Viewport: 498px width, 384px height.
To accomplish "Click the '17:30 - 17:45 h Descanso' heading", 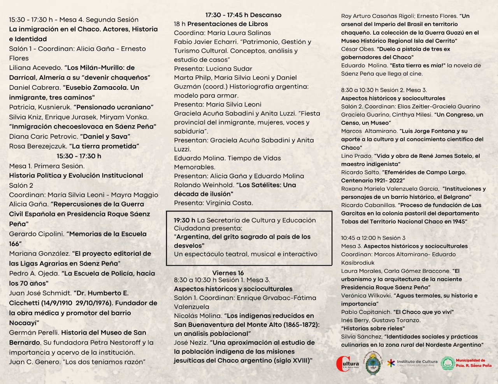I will pyautogui.click(x=243, y=15).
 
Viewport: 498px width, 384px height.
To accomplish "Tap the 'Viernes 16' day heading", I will pyautogui.click(x=228, y=273).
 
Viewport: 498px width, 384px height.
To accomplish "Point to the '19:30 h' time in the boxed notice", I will pyautogui.click(x=184, y=220).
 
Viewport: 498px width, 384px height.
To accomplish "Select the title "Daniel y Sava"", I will pyautogui.click(x=105, y=136).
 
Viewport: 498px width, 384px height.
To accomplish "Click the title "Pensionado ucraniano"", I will pyautogui.click(x=114, y=107).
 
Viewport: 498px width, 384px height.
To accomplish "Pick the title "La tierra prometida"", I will pyautogui.click(x=104, y=147).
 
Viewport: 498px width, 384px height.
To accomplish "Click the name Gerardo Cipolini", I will pyautogui.click(x=37, y=234).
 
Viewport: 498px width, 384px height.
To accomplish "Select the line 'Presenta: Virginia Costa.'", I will pyautogui.click(x=213, y=203).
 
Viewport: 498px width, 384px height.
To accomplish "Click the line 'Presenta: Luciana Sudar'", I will pyautogui.click(x=213, y=69).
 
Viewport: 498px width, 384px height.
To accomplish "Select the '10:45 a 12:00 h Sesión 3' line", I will pyautogui.click(x=373, y=238).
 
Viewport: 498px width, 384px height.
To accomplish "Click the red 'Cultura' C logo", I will pyautogui.click(x=347, y=364).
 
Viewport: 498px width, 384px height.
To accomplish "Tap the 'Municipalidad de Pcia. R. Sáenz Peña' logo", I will pyautogui.click(x=466, y=363).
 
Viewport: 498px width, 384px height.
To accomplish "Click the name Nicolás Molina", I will pyautogui.click(x=197, y=316).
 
